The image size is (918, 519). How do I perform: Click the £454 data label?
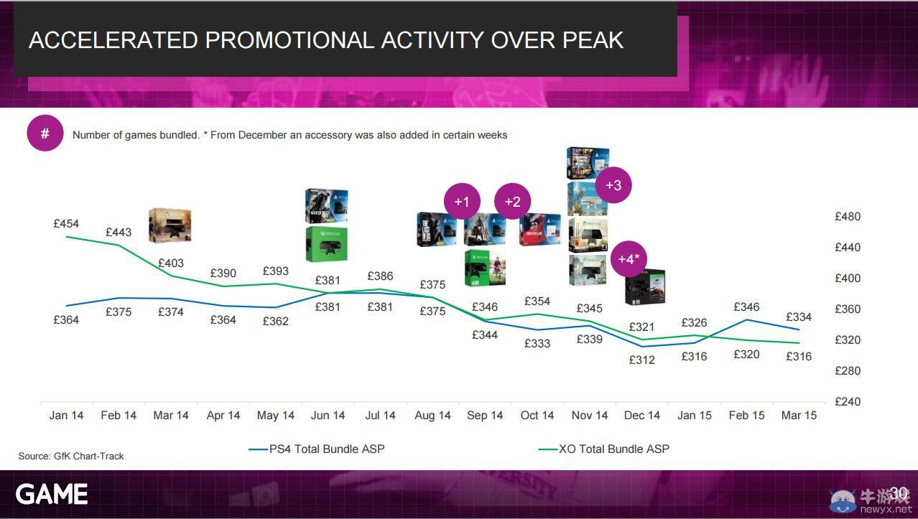(66, 223)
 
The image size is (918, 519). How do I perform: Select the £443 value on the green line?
(119, 232)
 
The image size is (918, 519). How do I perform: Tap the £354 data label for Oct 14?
(537, 301)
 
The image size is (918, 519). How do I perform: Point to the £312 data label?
(641, 360)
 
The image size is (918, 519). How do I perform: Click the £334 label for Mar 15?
(799, 317)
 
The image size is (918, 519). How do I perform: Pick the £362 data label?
(275, 321)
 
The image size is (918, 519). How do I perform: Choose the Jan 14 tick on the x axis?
(66, 415)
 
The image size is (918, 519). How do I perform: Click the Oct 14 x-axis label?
(537, 415)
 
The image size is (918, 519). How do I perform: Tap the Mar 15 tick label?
(799, 415)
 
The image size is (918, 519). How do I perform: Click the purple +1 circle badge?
(461, 202)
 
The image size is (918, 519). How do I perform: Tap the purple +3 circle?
(613, 185)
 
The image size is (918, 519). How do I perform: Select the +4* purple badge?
(629, 259)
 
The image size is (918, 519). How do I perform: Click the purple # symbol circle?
(45, 134)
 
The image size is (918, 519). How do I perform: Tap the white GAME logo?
(52, 494)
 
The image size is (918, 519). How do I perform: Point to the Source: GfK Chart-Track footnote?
(71, 456)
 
